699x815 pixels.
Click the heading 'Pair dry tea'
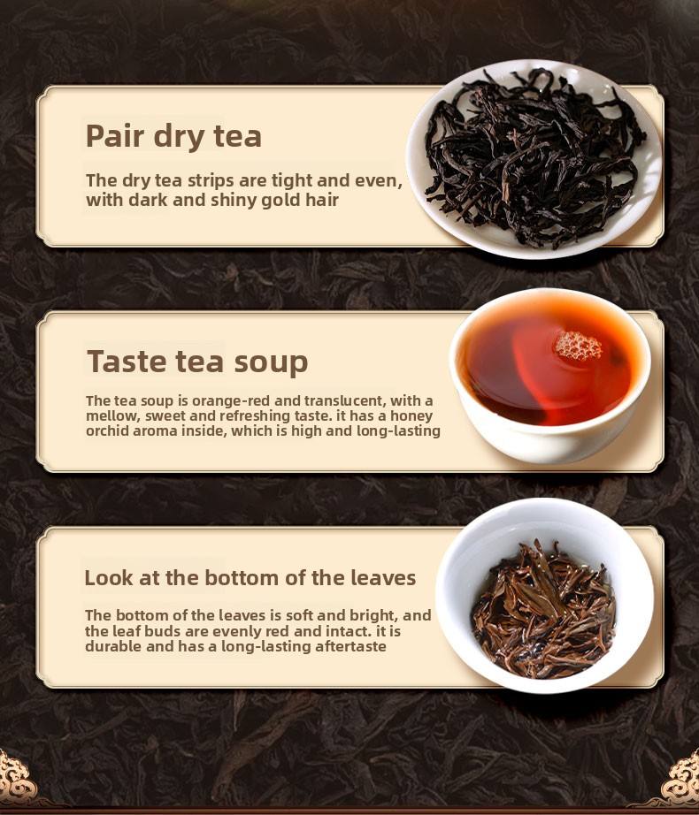173,136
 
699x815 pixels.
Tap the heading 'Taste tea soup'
197,362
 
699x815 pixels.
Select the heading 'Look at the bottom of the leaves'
250,578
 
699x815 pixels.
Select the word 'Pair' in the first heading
115,136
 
